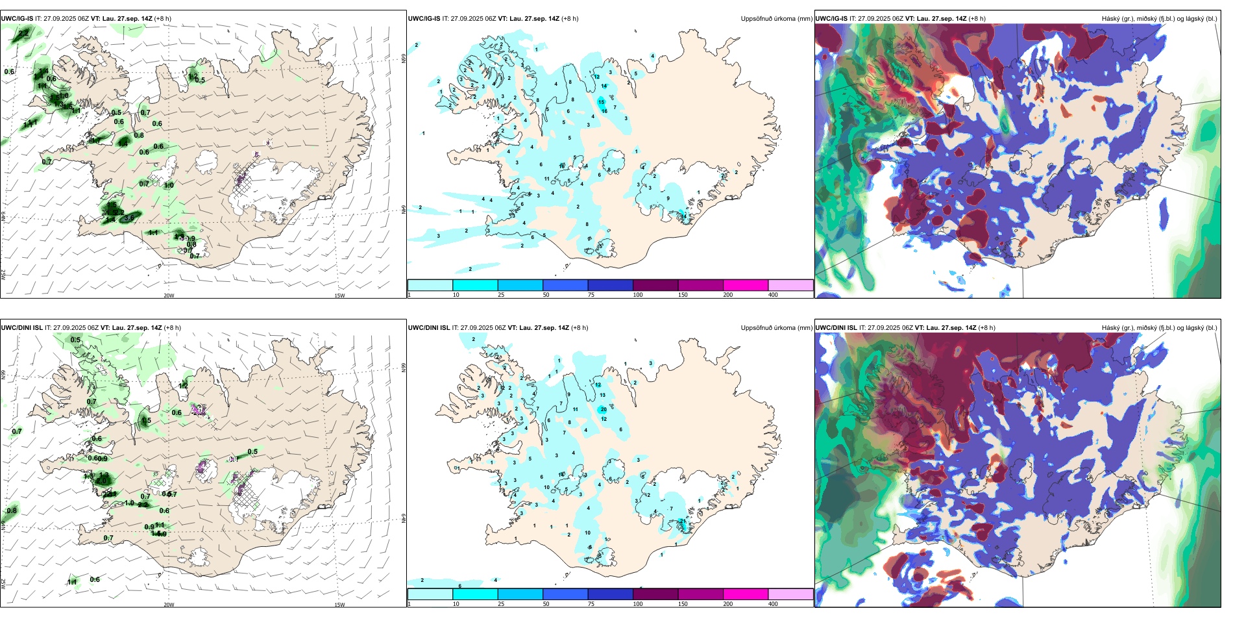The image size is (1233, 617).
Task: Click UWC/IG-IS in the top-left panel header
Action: (17, 19)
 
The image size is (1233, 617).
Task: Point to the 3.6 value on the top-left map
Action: (129, 218)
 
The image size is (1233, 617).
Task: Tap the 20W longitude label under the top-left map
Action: (169, 296)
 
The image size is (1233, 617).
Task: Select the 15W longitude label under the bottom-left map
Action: (339, 605)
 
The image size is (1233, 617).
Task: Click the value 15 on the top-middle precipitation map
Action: (601, 102)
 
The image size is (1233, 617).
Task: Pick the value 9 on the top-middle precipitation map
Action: (668, 199)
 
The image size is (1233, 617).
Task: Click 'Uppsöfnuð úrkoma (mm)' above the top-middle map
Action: (776, 19)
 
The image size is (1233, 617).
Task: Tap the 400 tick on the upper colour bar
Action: (773, 295)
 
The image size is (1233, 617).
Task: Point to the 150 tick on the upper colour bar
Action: (683, 295)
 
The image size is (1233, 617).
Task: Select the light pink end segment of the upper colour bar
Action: (790, 285)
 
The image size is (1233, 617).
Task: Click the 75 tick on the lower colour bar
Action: (591, 604)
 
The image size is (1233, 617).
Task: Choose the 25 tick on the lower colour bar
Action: (501, 604)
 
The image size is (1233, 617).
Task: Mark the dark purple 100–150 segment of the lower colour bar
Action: (655, 594)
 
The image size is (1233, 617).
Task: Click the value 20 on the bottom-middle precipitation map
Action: (604, 409)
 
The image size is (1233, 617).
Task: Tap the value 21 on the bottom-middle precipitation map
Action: (682, 521)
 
